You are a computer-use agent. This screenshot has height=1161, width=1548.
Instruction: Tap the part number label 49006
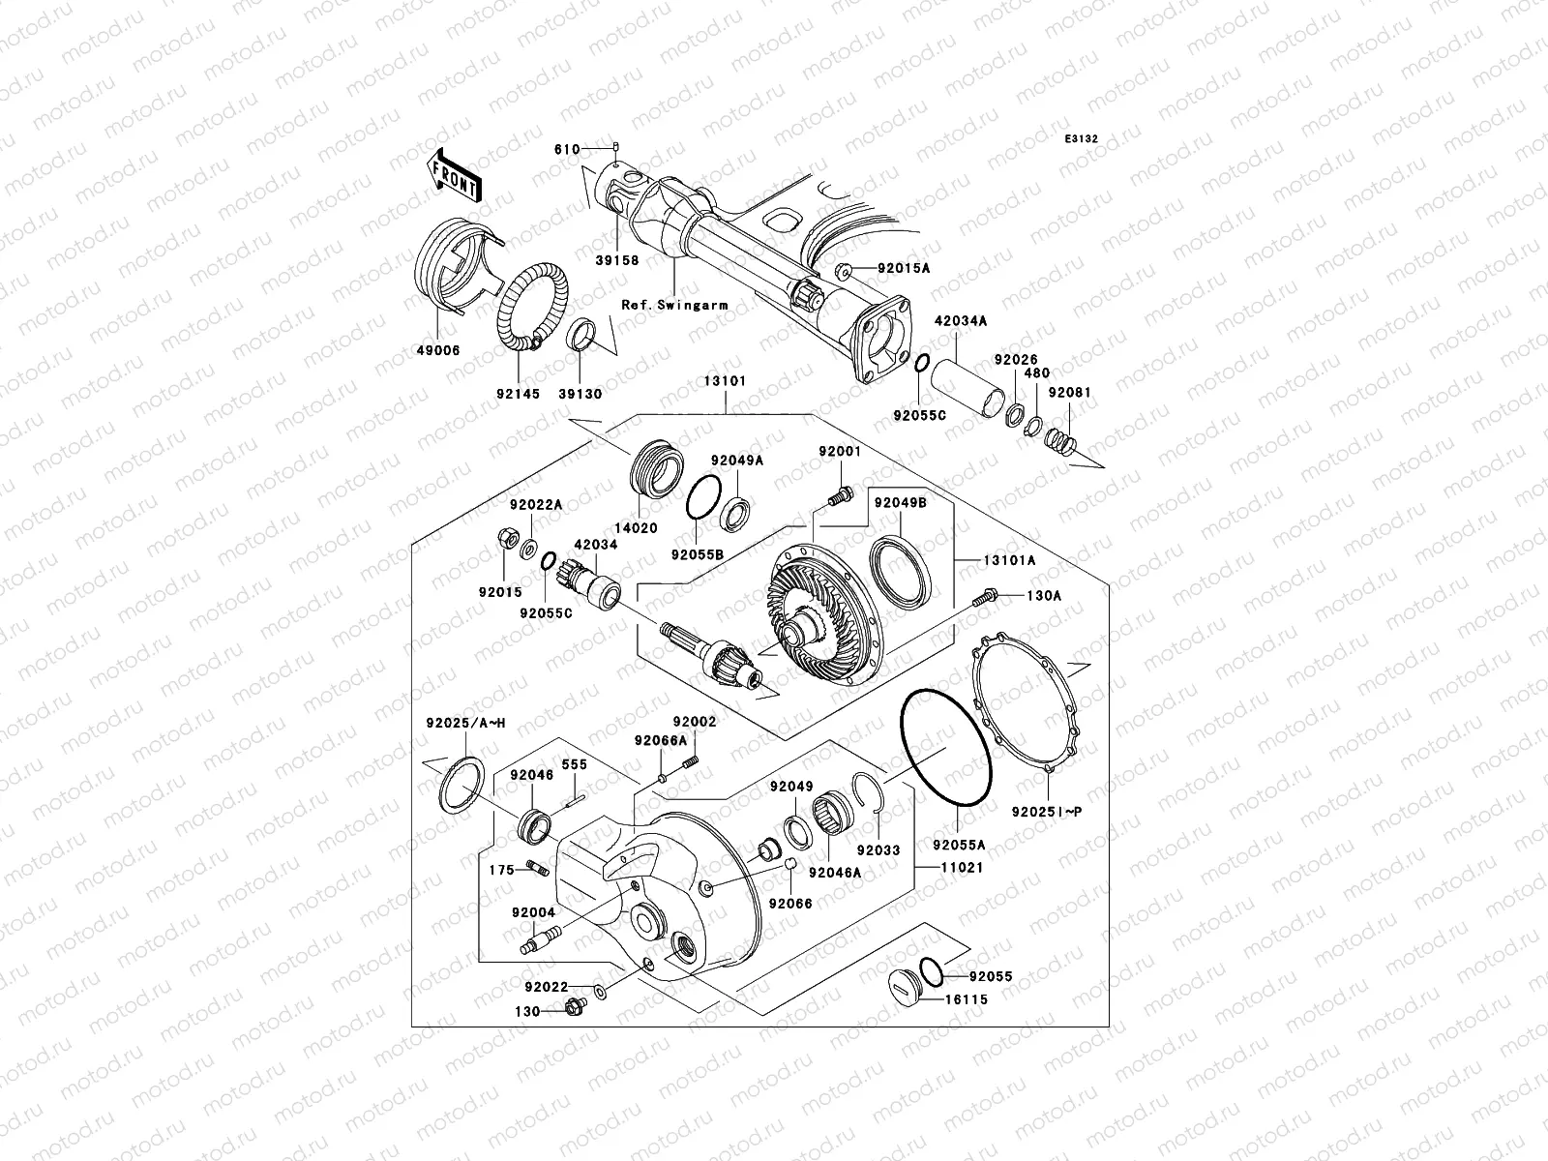(x=439, y=351)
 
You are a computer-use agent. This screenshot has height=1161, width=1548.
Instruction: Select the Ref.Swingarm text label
(x=674, y=305)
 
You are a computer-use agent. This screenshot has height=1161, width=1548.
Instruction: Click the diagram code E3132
(x=1082, y=139)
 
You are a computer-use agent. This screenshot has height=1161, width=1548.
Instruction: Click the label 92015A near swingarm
(x=904, y=267)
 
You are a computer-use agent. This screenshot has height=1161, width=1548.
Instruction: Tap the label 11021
(x=963, y=868)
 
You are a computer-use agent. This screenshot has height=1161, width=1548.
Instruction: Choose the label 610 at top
(x=567, y=149)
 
